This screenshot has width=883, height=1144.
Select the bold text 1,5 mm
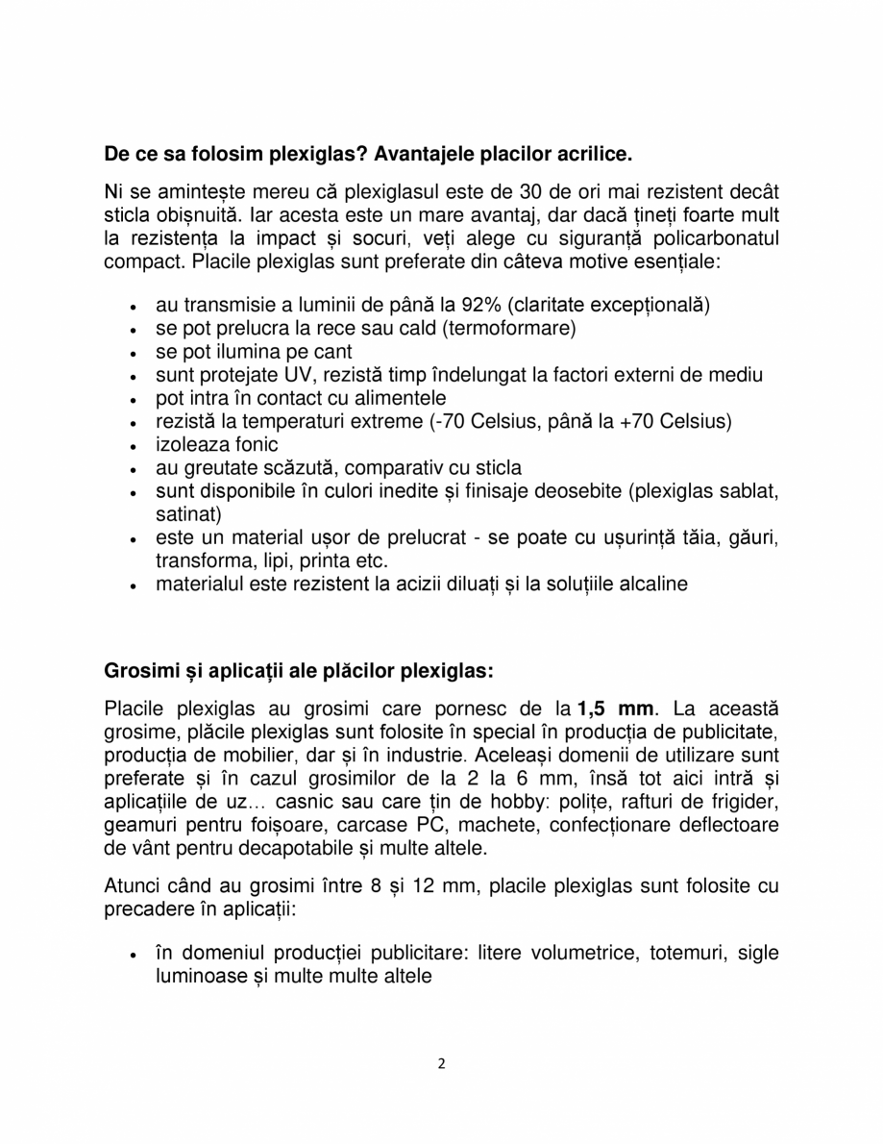(615, 710)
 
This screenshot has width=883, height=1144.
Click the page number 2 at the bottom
(441, 1063)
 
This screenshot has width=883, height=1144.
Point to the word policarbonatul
(718, 237)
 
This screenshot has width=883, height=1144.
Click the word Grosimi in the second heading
(136, 669)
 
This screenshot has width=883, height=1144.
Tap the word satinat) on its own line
(188, 514)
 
